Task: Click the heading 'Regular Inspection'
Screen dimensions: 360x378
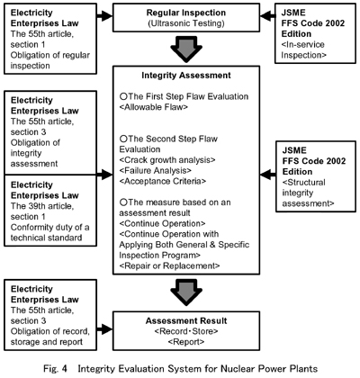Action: pyautogui.click(x=186, y=13)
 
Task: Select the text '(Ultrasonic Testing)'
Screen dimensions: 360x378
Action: pyautogui.click(x=186, y=23)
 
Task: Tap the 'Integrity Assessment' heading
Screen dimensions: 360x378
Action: pyautogui.click(x=186, y=76)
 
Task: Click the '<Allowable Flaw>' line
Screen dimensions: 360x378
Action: pyautogui.click(x=154, y=107)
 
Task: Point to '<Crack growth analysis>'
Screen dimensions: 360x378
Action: pyautogui.click(x=167, y=160)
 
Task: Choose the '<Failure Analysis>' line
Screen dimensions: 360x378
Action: pyautogui.click(x=156, y=171)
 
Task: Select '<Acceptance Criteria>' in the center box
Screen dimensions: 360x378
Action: pyautogui.click(x=163, y=181)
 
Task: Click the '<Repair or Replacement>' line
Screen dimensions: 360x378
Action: pyautogui.click(x=169, y=265)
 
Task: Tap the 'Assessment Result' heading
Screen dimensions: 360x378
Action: pyautogui.click(x=186, y=321)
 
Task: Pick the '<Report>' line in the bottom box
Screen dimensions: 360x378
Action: pyautogui.click(x=186, y=342)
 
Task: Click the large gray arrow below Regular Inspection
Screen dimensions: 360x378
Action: pyautogui.click(x=186, y=49)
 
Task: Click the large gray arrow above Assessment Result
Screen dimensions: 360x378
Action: pyautogui.click(x=186, y=292)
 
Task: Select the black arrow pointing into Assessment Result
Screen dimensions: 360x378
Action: pyautogui.click(x=104, y=329)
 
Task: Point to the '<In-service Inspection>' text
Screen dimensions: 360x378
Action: pyautogui.click(x=303, y=49)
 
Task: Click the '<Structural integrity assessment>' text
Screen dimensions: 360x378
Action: pyautogui.click(x=308, y=193)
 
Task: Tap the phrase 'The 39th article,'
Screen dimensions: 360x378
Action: pyautogui.click(x=42, y=206)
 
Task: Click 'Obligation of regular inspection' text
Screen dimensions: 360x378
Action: pyautogui.click(x=50, y=60)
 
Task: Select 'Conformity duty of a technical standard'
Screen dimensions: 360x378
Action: pyautogui.click(x=49, y=232)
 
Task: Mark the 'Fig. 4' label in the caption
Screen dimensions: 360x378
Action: pyautogui.click(x=56, y=369)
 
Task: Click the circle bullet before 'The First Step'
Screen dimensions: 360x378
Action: pyautogui.click(x=123, y=96)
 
